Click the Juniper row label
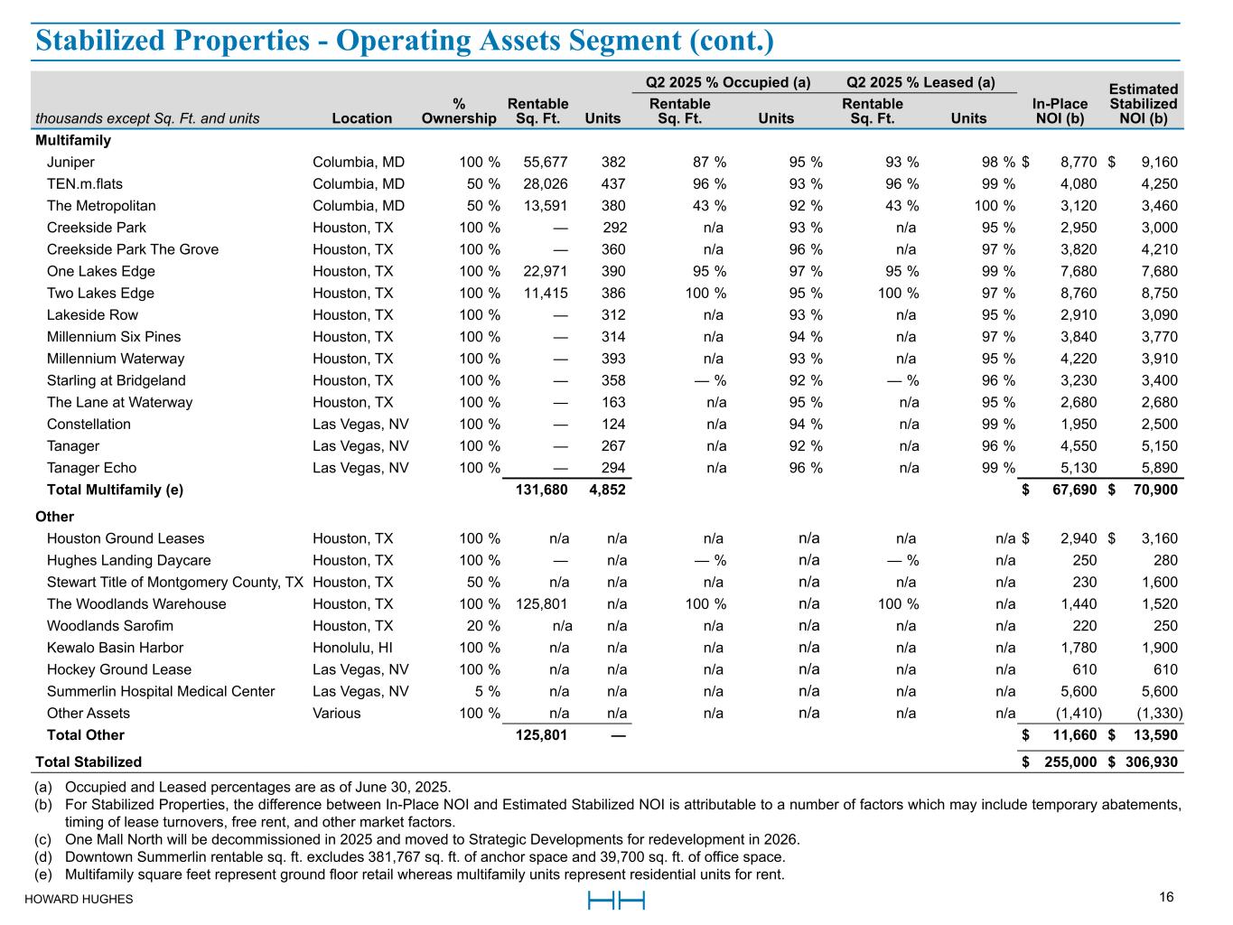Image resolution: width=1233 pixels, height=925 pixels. click(x=70, y=163)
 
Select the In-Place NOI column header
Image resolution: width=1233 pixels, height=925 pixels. click(x=1060, y=111)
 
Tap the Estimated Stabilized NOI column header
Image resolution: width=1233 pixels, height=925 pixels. click(x=1143, y=104)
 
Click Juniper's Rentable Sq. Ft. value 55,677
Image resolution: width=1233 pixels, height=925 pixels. click(x=546, y=163)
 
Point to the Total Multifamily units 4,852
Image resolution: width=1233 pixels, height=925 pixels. click(x=607, y=490)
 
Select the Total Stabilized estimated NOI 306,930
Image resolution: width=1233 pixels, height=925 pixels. click(x=1150, y=761)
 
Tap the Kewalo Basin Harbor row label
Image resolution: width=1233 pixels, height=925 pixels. click(x=115, y=648)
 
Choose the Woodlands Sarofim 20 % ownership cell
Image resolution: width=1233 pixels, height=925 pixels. click(x=480, y=626)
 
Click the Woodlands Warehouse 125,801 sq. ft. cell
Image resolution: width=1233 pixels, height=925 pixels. click(x=542, y=604)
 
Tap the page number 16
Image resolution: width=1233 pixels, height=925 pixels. click(x=1166, y=897)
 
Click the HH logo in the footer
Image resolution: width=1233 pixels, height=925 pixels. click(x=616, y=901)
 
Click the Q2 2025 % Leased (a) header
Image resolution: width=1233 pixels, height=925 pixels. click(x=920, y=83)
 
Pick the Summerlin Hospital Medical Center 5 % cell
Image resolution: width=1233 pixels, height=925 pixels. click(x=486, y=692)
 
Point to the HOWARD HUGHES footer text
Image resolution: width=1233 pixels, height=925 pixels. click(x=79, y=900)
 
